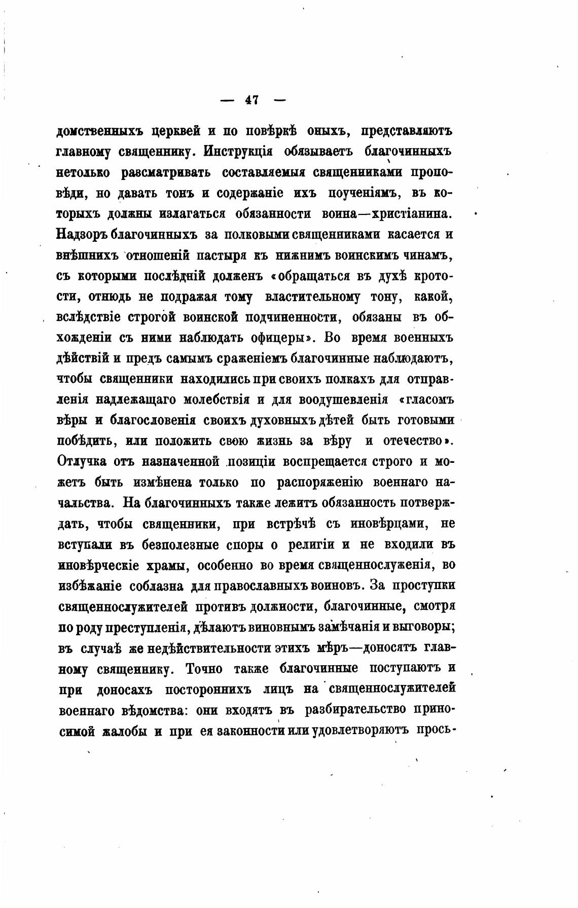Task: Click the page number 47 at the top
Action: (252, 100)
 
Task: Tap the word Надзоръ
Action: (81, 235)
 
